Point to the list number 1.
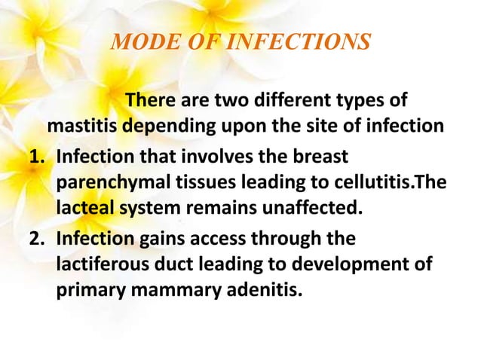(37, 159)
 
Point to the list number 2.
(37, 240)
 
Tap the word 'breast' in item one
(317, 159)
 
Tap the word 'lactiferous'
(104, 264)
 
